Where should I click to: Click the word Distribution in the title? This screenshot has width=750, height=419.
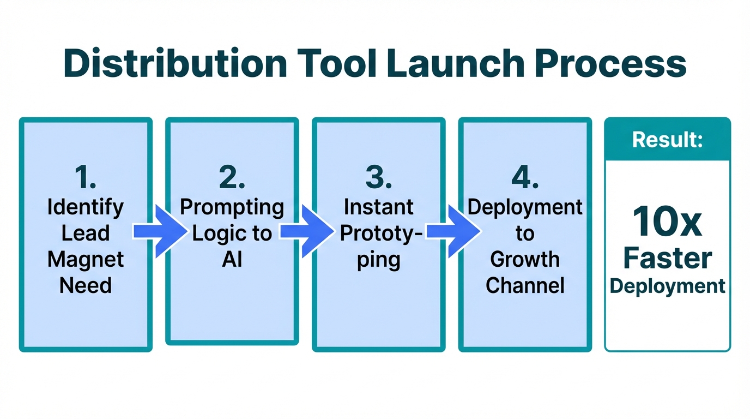(174, 64)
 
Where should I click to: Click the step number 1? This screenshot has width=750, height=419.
(86, 178)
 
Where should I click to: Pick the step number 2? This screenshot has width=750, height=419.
(232, 178)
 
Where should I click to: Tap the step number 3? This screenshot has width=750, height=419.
(378, 178)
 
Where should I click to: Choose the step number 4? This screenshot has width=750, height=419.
(525, 178)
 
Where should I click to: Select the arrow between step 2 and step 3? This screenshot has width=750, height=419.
(305, 232)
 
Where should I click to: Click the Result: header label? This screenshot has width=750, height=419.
(667, 140)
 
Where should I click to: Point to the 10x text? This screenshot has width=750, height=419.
(667, 222)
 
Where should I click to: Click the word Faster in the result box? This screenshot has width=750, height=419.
(667, 258)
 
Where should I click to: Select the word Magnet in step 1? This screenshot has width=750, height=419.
(86, 259)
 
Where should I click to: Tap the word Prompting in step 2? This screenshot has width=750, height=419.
(232, 207)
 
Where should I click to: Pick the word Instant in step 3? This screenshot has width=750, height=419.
(378, 207)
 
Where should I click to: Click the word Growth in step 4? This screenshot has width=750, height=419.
(525, 259)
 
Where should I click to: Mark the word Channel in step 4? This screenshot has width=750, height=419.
(525, 285)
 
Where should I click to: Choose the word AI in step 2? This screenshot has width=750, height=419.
(232, 260)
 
